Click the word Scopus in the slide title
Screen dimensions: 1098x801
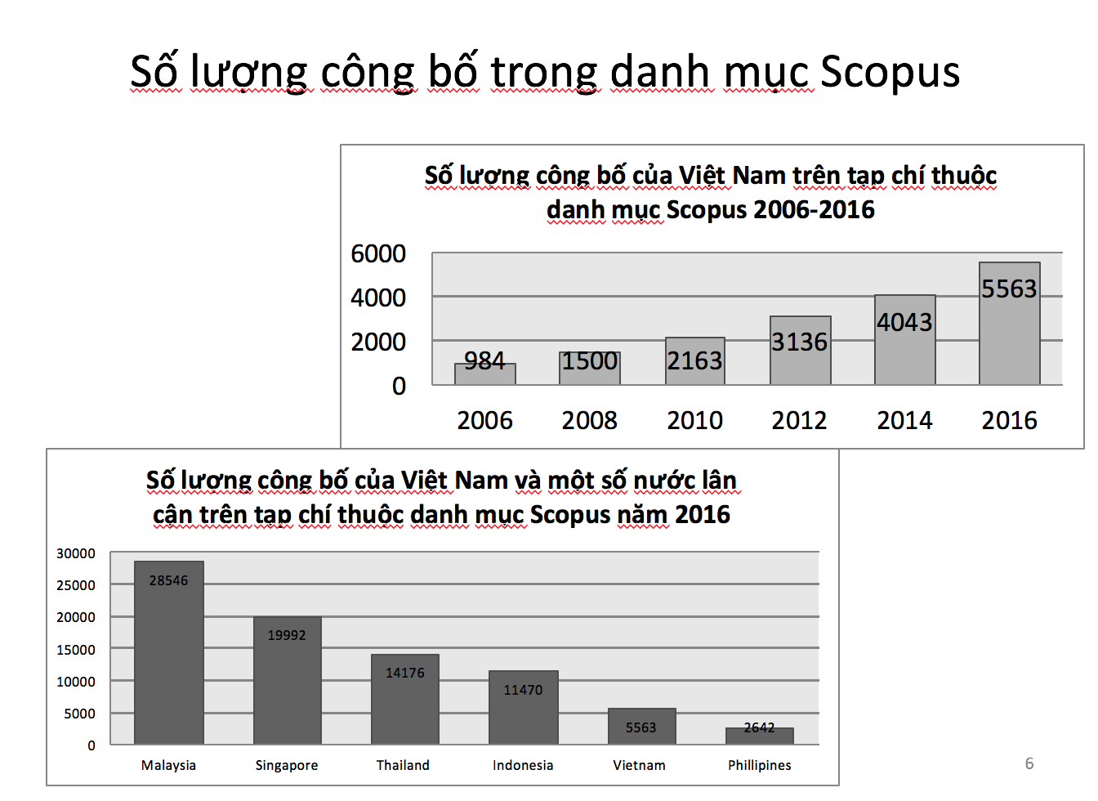pyautogui.click(x=889, y=72)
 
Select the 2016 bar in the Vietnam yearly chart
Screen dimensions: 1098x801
pyautogui.click(x=1009, y=323)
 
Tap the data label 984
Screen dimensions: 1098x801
pyautogui.click(x=484, y=361)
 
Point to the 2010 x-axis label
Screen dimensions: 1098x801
pyautogui.click(x=694, y=420)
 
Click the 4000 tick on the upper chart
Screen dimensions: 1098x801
pyautogui.click(x=378, y=298)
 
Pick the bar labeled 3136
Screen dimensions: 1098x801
pyautogui.click(x=800, y=350)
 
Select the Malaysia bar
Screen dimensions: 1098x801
pyautogui.click(x=168, y=652)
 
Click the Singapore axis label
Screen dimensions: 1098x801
pyautogui.click(x=286, y=765)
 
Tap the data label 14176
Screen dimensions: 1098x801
pyautogui.click(x=405, y=673)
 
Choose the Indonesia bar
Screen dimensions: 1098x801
pyautogui.click(x=523, y=707)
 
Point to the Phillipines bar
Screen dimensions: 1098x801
pyautogui.click(x=759, y=736)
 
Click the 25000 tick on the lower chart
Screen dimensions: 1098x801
pyautogui.click(x=75, y=585)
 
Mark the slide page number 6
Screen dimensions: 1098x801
pyautogui.click(x=1029, y=763)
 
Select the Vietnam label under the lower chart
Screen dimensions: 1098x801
pyautogui.click(x=639, y=765)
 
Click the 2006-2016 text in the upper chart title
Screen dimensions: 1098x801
pyautogui.click(x=814, y=209)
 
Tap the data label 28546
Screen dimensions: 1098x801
pyautogui.click(x=168, y=580)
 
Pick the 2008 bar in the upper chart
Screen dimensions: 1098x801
pyautogui.click(x=590, y=369)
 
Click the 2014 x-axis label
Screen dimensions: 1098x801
pyautogui.click(x=904, y=420)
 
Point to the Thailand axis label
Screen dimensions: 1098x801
pyautogui.click(x=403, y=765)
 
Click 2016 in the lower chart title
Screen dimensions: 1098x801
pyautogui.click(x=703, y=515)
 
